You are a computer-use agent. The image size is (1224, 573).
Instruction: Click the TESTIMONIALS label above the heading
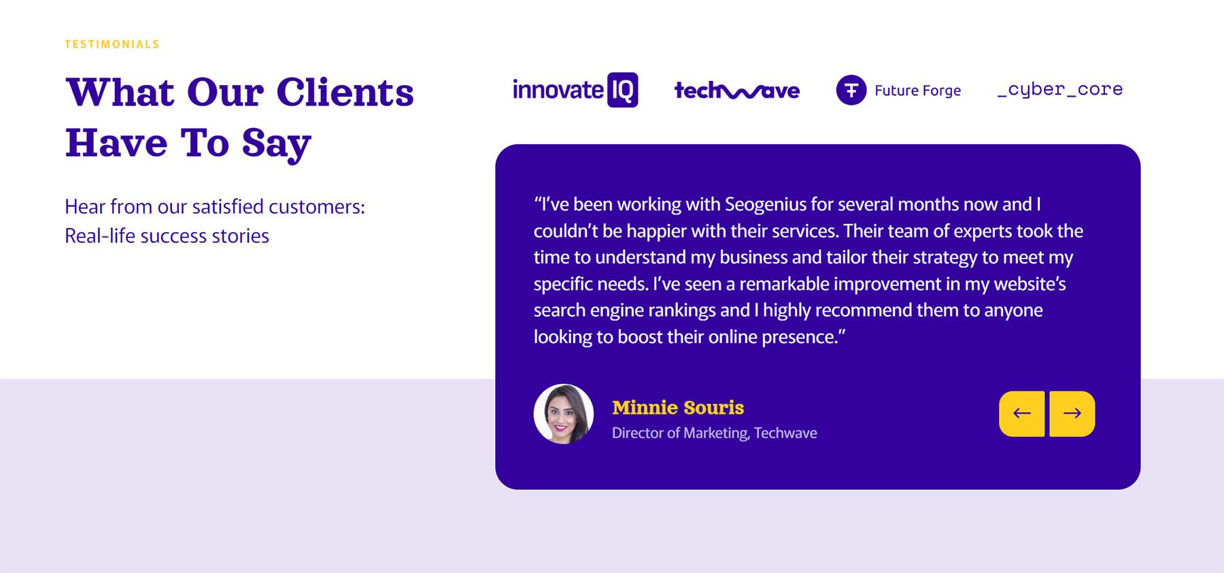pyautogui.click(x=112, y=44)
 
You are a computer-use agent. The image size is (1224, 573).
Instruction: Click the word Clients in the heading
pyautogui.click(x=345, y=92)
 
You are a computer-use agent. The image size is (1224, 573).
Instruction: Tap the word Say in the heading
pyautogui.click(x=276, y=144)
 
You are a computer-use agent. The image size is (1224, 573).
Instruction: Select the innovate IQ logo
pyautogui.click(x=575, y=90)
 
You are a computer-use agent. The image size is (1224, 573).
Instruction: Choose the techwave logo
pyautogui.click(x=737, y=91)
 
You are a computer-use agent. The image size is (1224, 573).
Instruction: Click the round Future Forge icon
pyautogui.click(x=851, y=90)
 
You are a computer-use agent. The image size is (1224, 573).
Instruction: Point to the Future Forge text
pyautogui.click(x=917, y=91)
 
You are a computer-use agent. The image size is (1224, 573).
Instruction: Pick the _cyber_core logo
pyautogui.click(x=1060, y=90)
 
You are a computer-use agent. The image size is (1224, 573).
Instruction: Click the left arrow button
pyautogui.click(x=1022, y=414)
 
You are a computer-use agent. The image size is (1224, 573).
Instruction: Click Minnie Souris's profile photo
pyautogui.click(x=564, y=414)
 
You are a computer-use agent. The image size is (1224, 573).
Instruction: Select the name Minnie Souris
pyautogui.click(x=678, y=408)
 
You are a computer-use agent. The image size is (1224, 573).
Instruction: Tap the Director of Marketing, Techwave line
pyautogui.click(x=715, y=433)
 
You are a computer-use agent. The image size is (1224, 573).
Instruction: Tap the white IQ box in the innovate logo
pyautogui.click(x=622, y=90)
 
